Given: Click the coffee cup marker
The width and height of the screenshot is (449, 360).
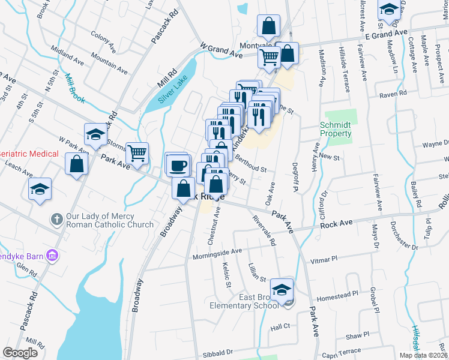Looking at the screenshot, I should click(x=178, y=164).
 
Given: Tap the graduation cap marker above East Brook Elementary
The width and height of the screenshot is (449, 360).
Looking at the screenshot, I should click(x=282, y=290).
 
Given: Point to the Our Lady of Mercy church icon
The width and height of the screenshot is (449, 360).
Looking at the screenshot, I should click(x=56, y=219).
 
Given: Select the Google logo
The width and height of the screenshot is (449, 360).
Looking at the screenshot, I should click(x=20, y=353).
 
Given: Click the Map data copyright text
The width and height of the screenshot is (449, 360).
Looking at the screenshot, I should click(x=424, y=355).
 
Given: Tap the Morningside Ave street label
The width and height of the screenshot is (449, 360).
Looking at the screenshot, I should click(x=217, y=253).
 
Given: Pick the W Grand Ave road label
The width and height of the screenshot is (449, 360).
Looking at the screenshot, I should click(x=221, y=50).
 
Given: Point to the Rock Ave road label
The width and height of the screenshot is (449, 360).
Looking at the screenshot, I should click(x=336, y=224).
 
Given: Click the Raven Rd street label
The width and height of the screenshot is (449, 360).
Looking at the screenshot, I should click(x=393, y=94).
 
